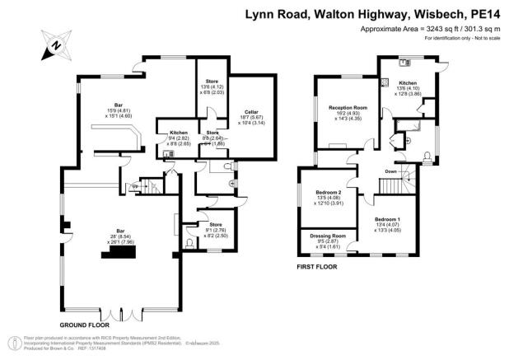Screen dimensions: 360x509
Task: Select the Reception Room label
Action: (346, 107)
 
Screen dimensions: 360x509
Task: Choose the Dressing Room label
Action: (328, 236)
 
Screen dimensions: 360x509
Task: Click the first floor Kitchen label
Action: (409, 83)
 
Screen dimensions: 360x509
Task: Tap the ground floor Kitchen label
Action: (179, 133)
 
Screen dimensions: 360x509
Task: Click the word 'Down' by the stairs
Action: (391, 171)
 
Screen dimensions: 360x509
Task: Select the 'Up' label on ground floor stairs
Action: (135, 187)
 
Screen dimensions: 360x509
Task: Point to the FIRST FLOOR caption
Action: (317, 268)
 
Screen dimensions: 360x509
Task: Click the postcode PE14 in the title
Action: (487, 14)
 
